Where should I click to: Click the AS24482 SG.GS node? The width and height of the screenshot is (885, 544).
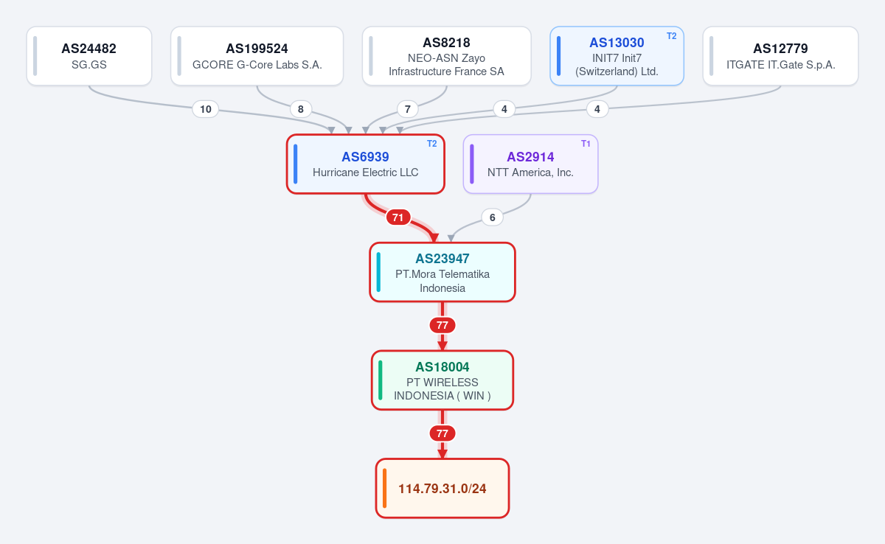tap(89, 56)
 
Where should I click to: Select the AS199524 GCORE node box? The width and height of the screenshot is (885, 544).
tap(257, 56)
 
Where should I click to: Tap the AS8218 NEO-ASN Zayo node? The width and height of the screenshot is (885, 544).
tap(446, 56)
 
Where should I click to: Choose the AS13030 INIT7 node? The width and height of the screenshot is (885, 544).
tap(617, 56)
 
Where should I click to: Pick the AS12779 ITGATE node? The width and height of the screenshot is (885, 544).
tap(781, 56)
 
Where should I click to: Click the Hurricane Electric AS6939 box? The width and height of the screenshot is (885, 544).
tap(366, 164)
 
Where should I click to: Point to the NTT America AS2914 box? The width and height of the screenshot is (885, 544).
tap(530, 164)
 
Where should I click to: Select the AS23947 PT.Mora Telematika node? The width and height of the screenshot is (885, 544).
tap(442, 272)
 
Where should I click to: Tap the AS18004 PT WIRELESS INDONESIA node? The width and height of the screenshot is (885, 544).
tap(442, 380)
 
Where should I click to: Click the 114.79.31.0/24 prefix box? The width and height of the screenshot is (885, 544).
tap(442, 488)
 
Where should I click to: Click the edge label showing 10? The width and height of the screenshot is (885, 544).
tap(206, 109)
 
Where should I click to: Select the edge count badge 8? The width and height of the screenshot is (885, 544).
tap(301, 109)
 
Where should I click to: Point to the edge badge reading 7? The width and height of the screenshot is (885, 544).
tap(408, 109)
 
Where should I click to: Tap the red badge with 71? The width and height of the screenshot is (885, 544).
tap(398, 217)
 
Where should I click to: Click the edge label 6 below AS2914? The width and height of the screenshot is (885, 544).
tap(493, 217)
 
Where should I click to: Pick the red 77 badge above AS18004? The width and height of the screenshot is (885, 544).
tap(442, 325)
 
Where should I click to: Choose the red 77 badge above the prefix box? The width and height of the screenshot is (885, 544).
tap(442, 433)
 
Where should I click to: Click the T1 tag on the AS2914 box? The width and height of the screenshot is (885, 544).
tap(586, 144)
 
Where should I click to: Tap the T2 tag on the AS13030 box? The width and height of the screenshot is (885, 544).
tap(672, 36)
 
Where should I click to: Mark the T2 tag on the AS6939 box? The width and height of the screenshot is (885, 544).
tap(432, 144)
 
